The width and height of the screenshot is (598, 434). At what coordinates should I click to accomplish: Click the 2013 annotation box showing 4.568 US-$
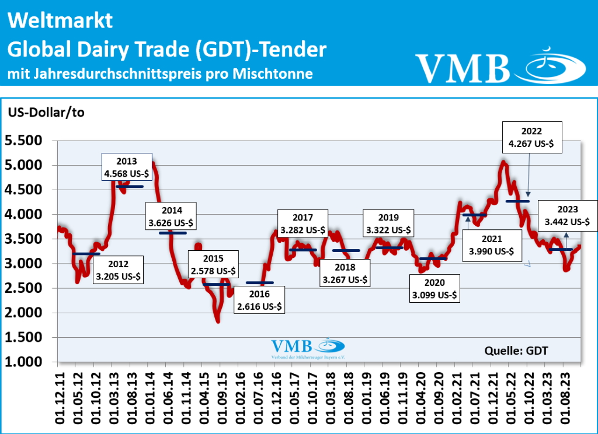point(127,167)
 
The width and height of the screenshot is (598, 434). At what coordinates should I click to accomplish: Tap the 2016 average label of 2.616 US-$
point(259,299)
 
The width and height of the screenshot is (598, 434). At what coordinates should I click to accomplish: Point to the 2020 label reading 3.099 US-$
point(434,288)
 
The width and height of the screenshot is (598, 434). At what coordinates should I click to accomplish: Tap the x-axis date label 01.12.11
point(58,397)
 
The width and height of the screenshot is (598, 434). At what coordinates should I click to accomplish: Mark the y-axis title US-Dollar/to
point(46,113)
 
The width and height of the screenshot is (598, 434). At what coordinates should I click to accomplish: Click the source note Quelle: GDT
point(516,350)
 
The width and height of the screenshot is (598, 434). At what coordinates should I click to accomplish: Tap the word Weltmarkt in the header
point(60,22)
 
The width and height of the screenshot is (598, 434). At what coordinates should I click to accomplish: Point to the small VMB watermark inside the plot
point(292,346)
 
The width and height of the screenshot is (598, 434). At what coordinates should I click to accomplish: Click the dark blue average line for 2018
point(346,250)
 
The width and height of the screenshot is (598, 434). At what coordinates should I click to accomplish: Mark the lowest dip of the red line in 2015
point(218,321)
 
